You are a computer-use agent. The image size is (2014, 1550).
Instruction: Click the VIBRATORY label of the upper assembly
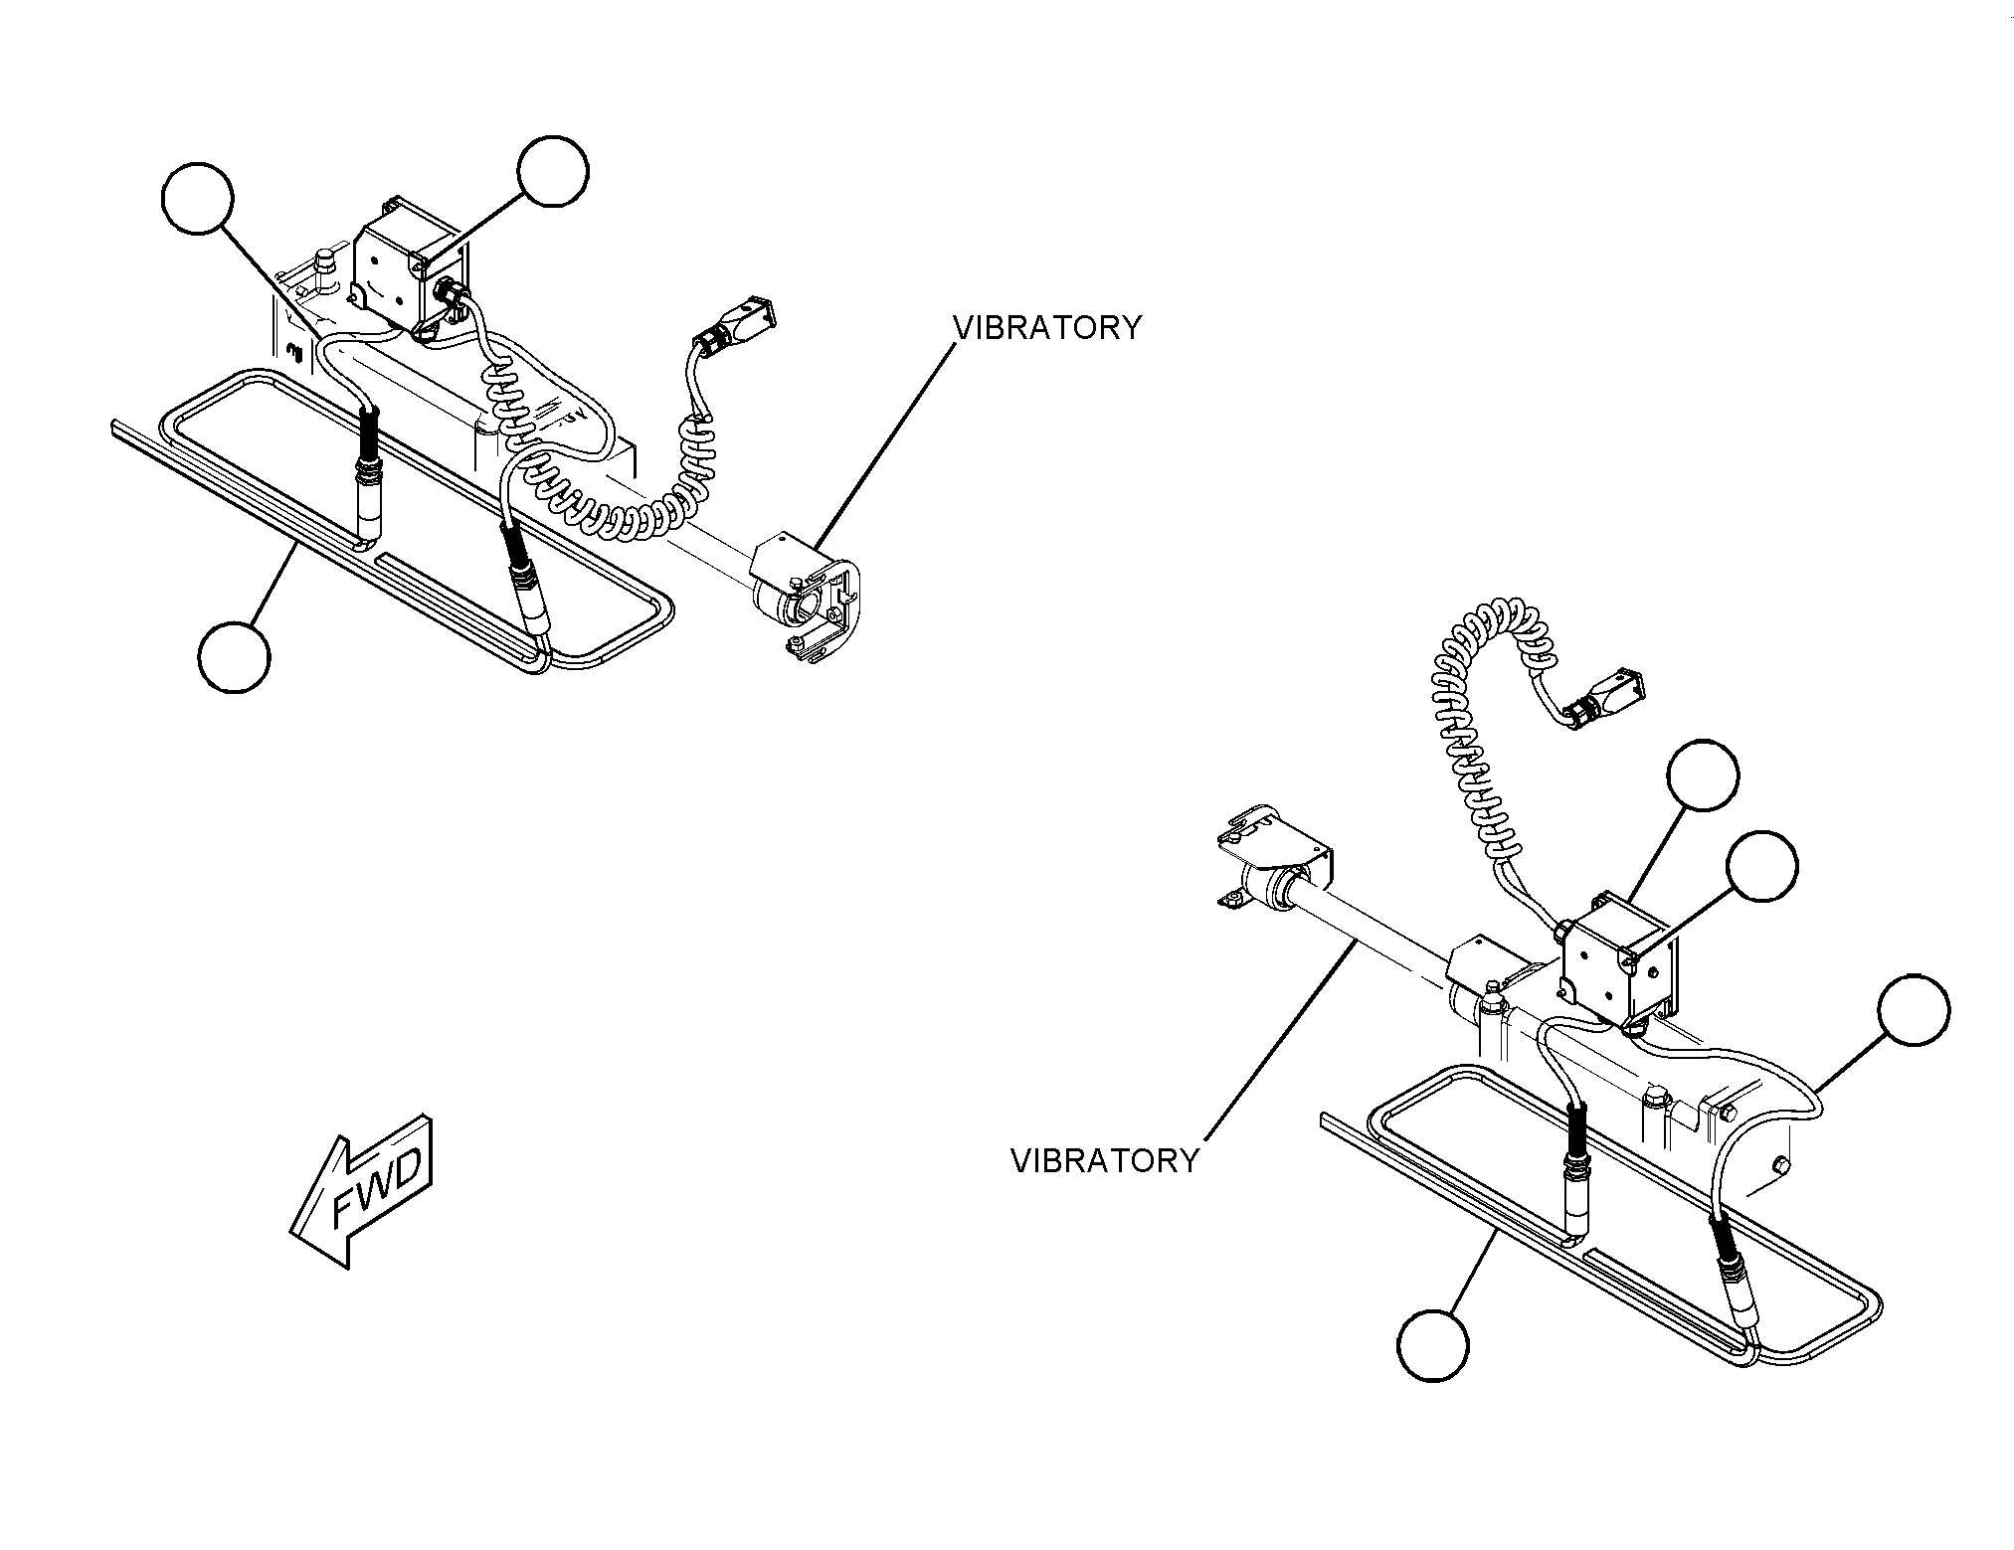pyautogui.click(x=1047, y=328)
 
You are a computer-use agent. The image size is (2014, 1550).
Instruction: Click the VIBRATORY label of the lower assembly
pyautogui.click(x=1105, y=1160)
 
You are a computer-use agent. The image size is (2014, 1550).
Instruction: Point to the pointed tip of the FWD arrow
pyautogui.click(x=289, y=1235)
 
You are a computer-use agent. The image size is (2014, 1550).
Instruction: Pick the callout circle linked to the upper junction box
pyautogui.click(x=553, y=172)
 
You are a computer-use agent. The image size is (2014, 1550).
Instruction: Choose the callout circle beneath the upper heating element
pyautogui.click(x=234, y=657)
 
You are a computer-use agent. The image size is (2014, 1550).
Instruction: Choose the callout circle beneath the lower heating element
pyautogui.click(x=1433, y=1344)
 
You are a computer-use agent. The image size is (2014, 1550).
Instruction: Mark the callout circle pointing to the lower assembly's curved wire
pyautogui.click(x=1914, y=1009)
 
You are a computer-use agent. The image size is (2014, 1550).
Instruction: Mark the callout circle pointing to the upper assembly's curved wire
pyautogui.click(x=197, y=199)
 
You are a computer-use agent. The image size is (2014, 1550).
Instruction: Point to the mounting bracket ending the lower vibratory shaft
pyautogui.click(x=1274, y=855)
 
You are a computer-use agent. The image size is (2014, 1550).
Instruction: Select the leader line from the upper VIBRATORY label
pyautogui.click(x=883, y=443)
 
